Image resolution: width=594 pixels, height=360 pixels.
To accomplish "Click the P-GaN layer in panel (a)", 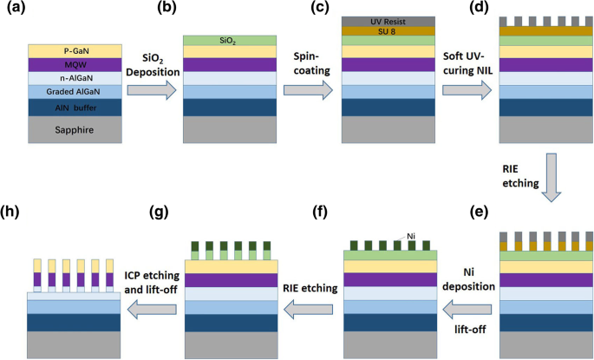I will click(69, 50).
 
